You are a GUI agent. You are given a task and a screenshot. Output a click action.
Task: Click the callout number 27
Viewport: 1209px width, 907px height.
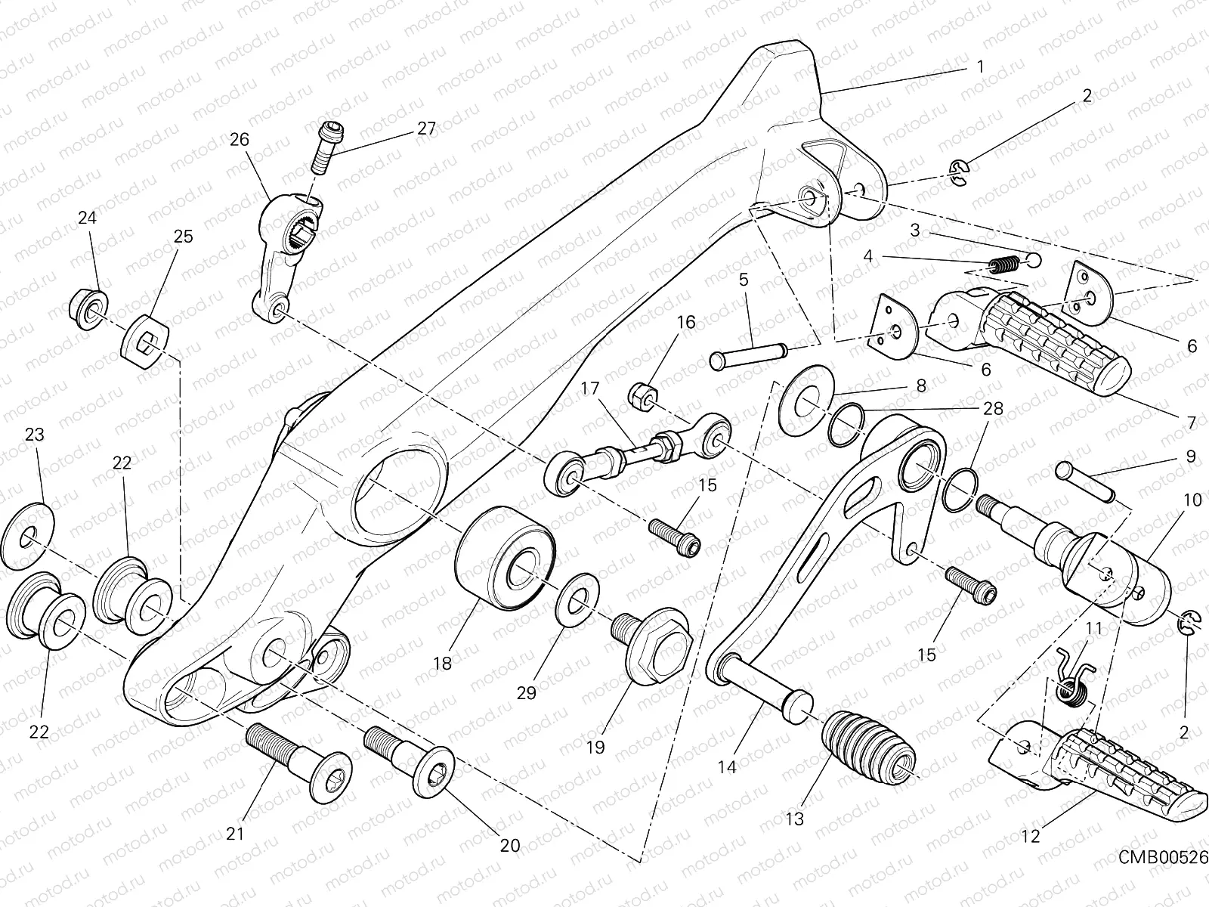click(426, 128)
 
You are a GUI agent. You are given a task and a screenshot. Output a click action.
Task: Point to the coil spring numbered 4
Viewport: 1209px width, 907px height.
click(1005, 265)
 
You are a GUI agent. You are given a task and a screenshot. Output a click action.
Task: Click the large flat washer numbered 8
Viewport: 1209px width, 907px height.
click(805, 400)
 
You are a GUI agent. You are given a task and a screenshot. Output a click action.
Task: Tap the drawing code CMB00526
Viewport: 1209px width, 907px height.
click(1163, 857)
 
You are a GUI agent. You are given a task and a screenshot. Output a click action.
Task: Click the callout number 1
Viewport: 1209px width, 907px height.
click(980, 67)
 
